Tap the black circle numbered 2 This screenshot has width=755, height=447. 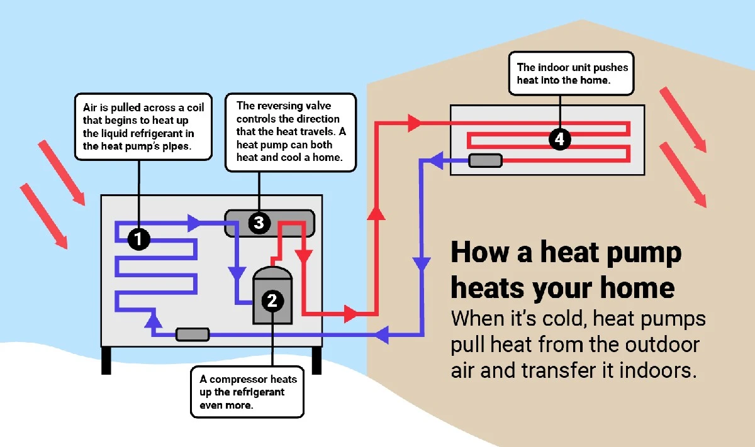[272, 301]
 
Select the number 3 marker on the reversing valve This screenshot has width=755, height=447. [259, 223]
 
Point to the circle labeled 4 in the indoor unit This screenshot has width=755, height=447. [559, 139]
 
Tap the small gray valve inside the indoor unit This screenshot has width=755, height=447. [485, 160]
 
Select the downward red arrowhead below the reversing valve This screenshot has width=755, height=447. [303, 257]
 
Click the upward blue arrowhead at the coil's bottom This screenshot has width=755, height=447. [151, 321]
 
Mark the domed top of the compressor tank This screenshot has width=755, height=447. [272, 274]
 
